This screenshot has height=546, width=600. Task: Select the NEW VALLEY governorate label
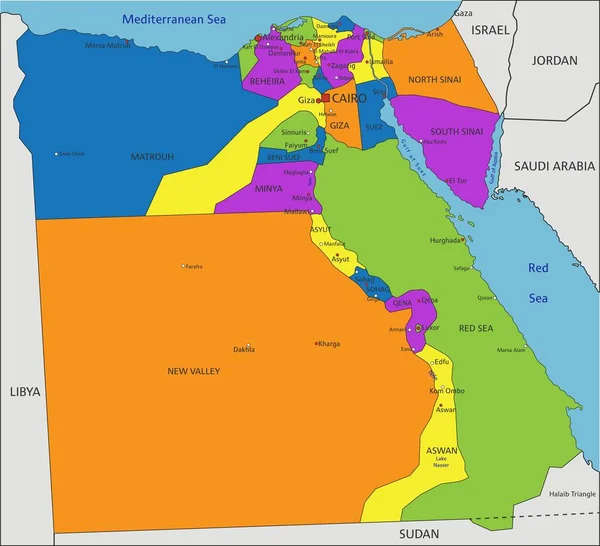click(193, 372)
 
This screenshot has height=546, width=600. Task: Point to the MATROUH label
click(152, 157)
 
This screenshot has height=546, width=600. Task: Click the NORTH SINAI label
click(435, 79)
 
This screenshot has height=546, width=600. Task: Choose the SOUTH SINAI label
click(457, 131)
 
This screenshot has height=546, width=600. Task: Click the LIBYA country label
click(24, 391)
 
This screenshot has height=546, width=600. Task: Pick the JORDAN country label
click(554, 60)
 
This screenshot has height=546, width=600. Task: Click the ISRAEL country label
click(491, 30)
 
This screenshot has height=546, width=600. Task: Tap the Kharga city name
click(329, 344)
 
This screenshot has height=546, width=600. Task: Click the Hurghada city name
click(445, 240)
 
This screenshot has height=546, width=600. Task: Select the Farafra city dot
click(184, 266)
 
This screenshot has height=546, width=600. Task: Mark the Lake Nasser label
click(441, 462)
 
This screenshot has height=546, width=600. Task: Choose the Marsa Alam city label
click(511, 350)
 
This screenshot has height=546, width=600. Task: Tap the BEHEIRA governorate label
click(267, 81)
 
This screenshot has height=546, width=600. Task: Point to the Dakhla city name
click(243, 350)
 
